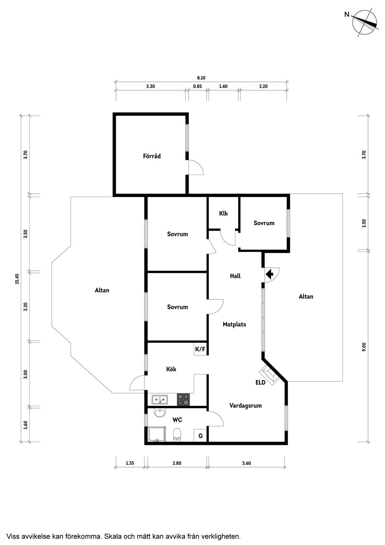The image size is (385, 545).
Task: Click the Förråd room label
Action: [152, 156]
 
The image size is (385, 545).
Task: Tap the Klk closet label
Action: [223, 214]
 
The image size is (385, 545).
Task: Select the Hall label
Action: [235, 276]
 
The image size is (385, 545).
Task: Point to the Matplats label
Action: [234, 324]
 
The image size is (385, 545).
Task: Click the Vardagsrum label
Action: [245, 406]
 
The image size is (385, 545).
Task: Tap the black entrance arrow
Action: [269, 275]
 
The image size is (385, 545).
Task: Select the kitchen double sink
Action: [160, 399]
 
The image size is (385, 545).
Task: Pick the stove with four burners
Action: [183, 399]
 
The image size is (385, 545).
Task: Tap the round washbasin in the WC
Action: [160, 413]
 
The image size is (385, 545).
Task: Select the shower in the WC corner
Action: [157, 434]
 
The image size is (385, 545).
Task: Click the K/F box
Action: [200, 350]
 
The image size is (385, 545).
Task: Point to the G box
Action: [200, 435]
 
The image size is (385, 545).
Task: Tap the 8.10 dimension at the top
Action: [201, 78]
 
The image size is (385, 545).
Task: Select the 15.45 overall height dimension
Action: [17, 279]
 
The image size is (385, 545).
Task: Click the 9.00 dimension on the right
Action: [364, 347]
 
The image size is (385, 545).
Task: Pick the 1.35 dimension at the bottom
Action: [130, 463]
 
